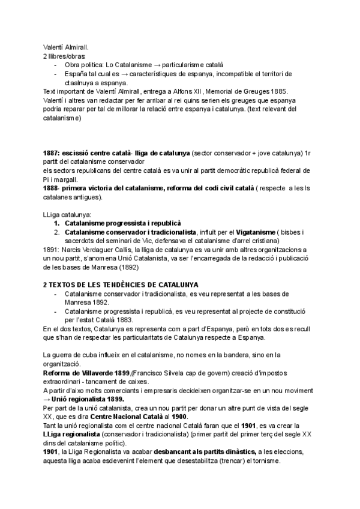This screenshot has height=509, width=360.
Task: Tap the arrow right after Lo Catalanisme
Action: tap(155, 64)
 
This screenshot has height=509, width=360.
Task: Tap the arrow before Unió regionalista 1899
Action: tap(47, 399)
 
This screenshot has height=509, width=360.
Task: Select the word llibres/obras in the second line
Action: tap(68, 55)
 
